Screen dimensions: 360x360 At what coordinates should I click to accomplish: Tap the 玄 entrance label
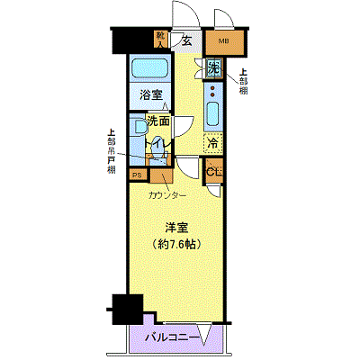pyautogui.click(x=186, y=39)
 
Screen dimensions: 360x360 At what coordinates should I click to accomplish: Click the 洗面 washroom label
pyautogui.click(x=159, y=120)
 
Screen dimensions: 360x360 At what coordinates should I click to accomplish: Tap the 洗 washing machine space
pyautogui.click(x=213, y=67)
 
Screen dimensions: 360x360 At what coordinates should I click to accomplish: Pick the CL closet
pyautogui.click(x=213, y=171)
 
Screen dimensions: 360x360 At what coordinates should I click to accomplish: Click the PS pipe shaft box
pyautogui.click(x=138, y=175)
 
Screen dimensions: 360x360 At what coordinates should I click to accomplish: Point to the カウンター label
pyautogui.click(x=167, y=195)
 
